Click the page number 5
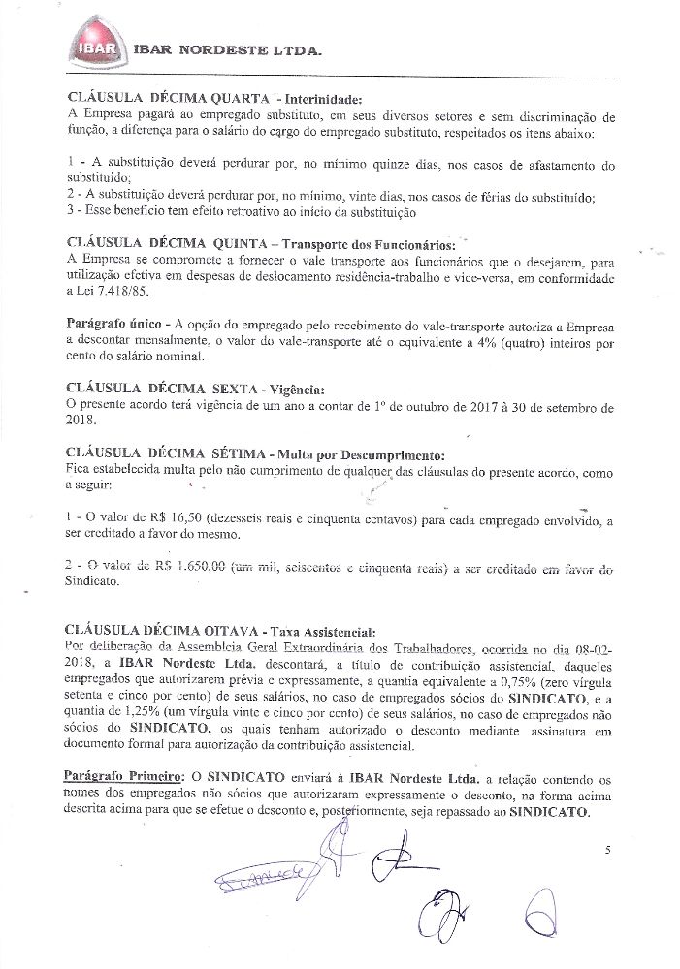[x=606, y=850]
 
